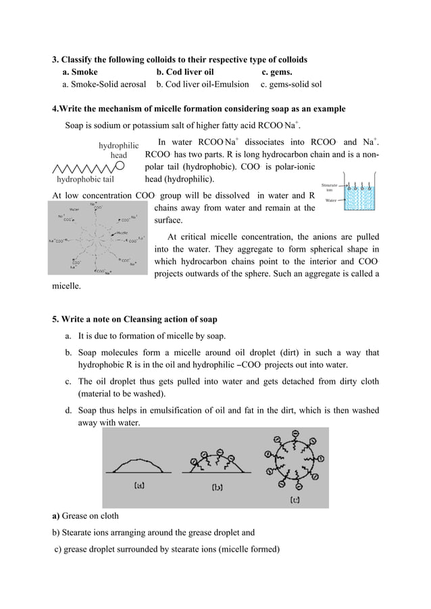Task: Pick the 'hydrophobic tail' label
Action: coord(84,180)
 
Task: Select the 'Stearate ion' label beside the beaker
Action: coord(330,187)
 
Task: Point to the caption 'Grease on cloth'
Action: coord(91,517)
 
